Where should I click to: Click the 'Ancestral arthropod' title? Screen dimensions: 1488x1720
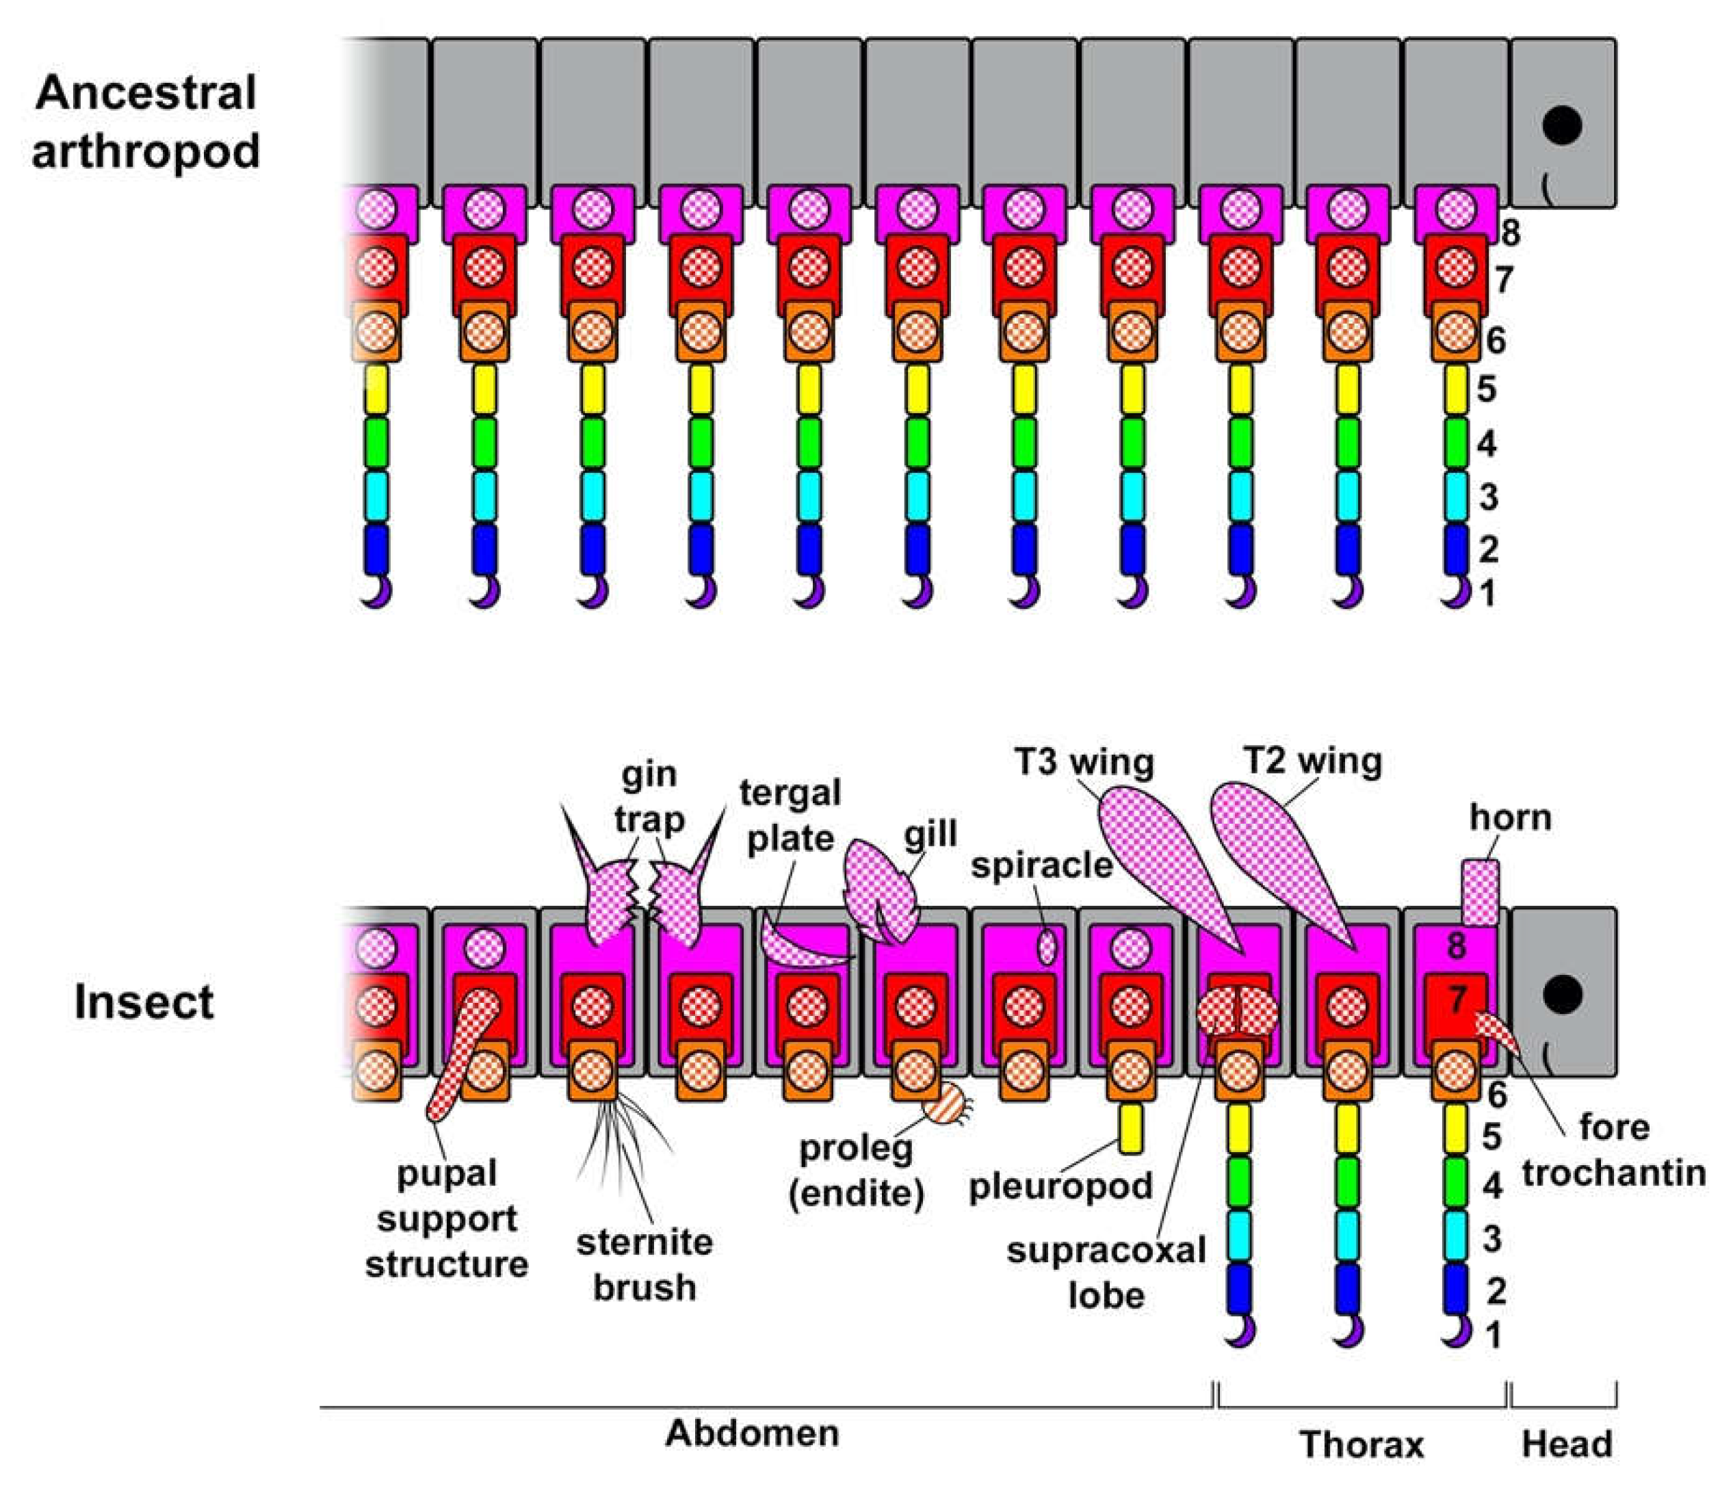coord(145,122)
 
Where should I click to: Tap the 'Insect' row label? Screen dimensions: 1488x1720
coord(144,1002)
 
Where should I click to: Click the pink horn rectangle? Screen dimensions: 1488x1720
coord(1480,893)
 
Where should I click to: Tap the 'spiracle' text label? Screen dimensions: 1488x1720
coord(1041,865)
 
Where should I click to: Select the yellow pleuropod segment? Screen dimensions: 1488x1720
coord(1130,1127)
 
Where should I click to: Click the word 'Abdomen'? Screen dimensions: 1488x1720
coord(753,1433)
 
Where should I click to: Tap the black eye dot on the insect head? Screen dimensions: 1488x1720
coord(1562,995)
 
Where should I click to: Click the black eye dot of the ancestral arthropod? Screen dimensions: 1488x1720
coord(1562,125)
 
